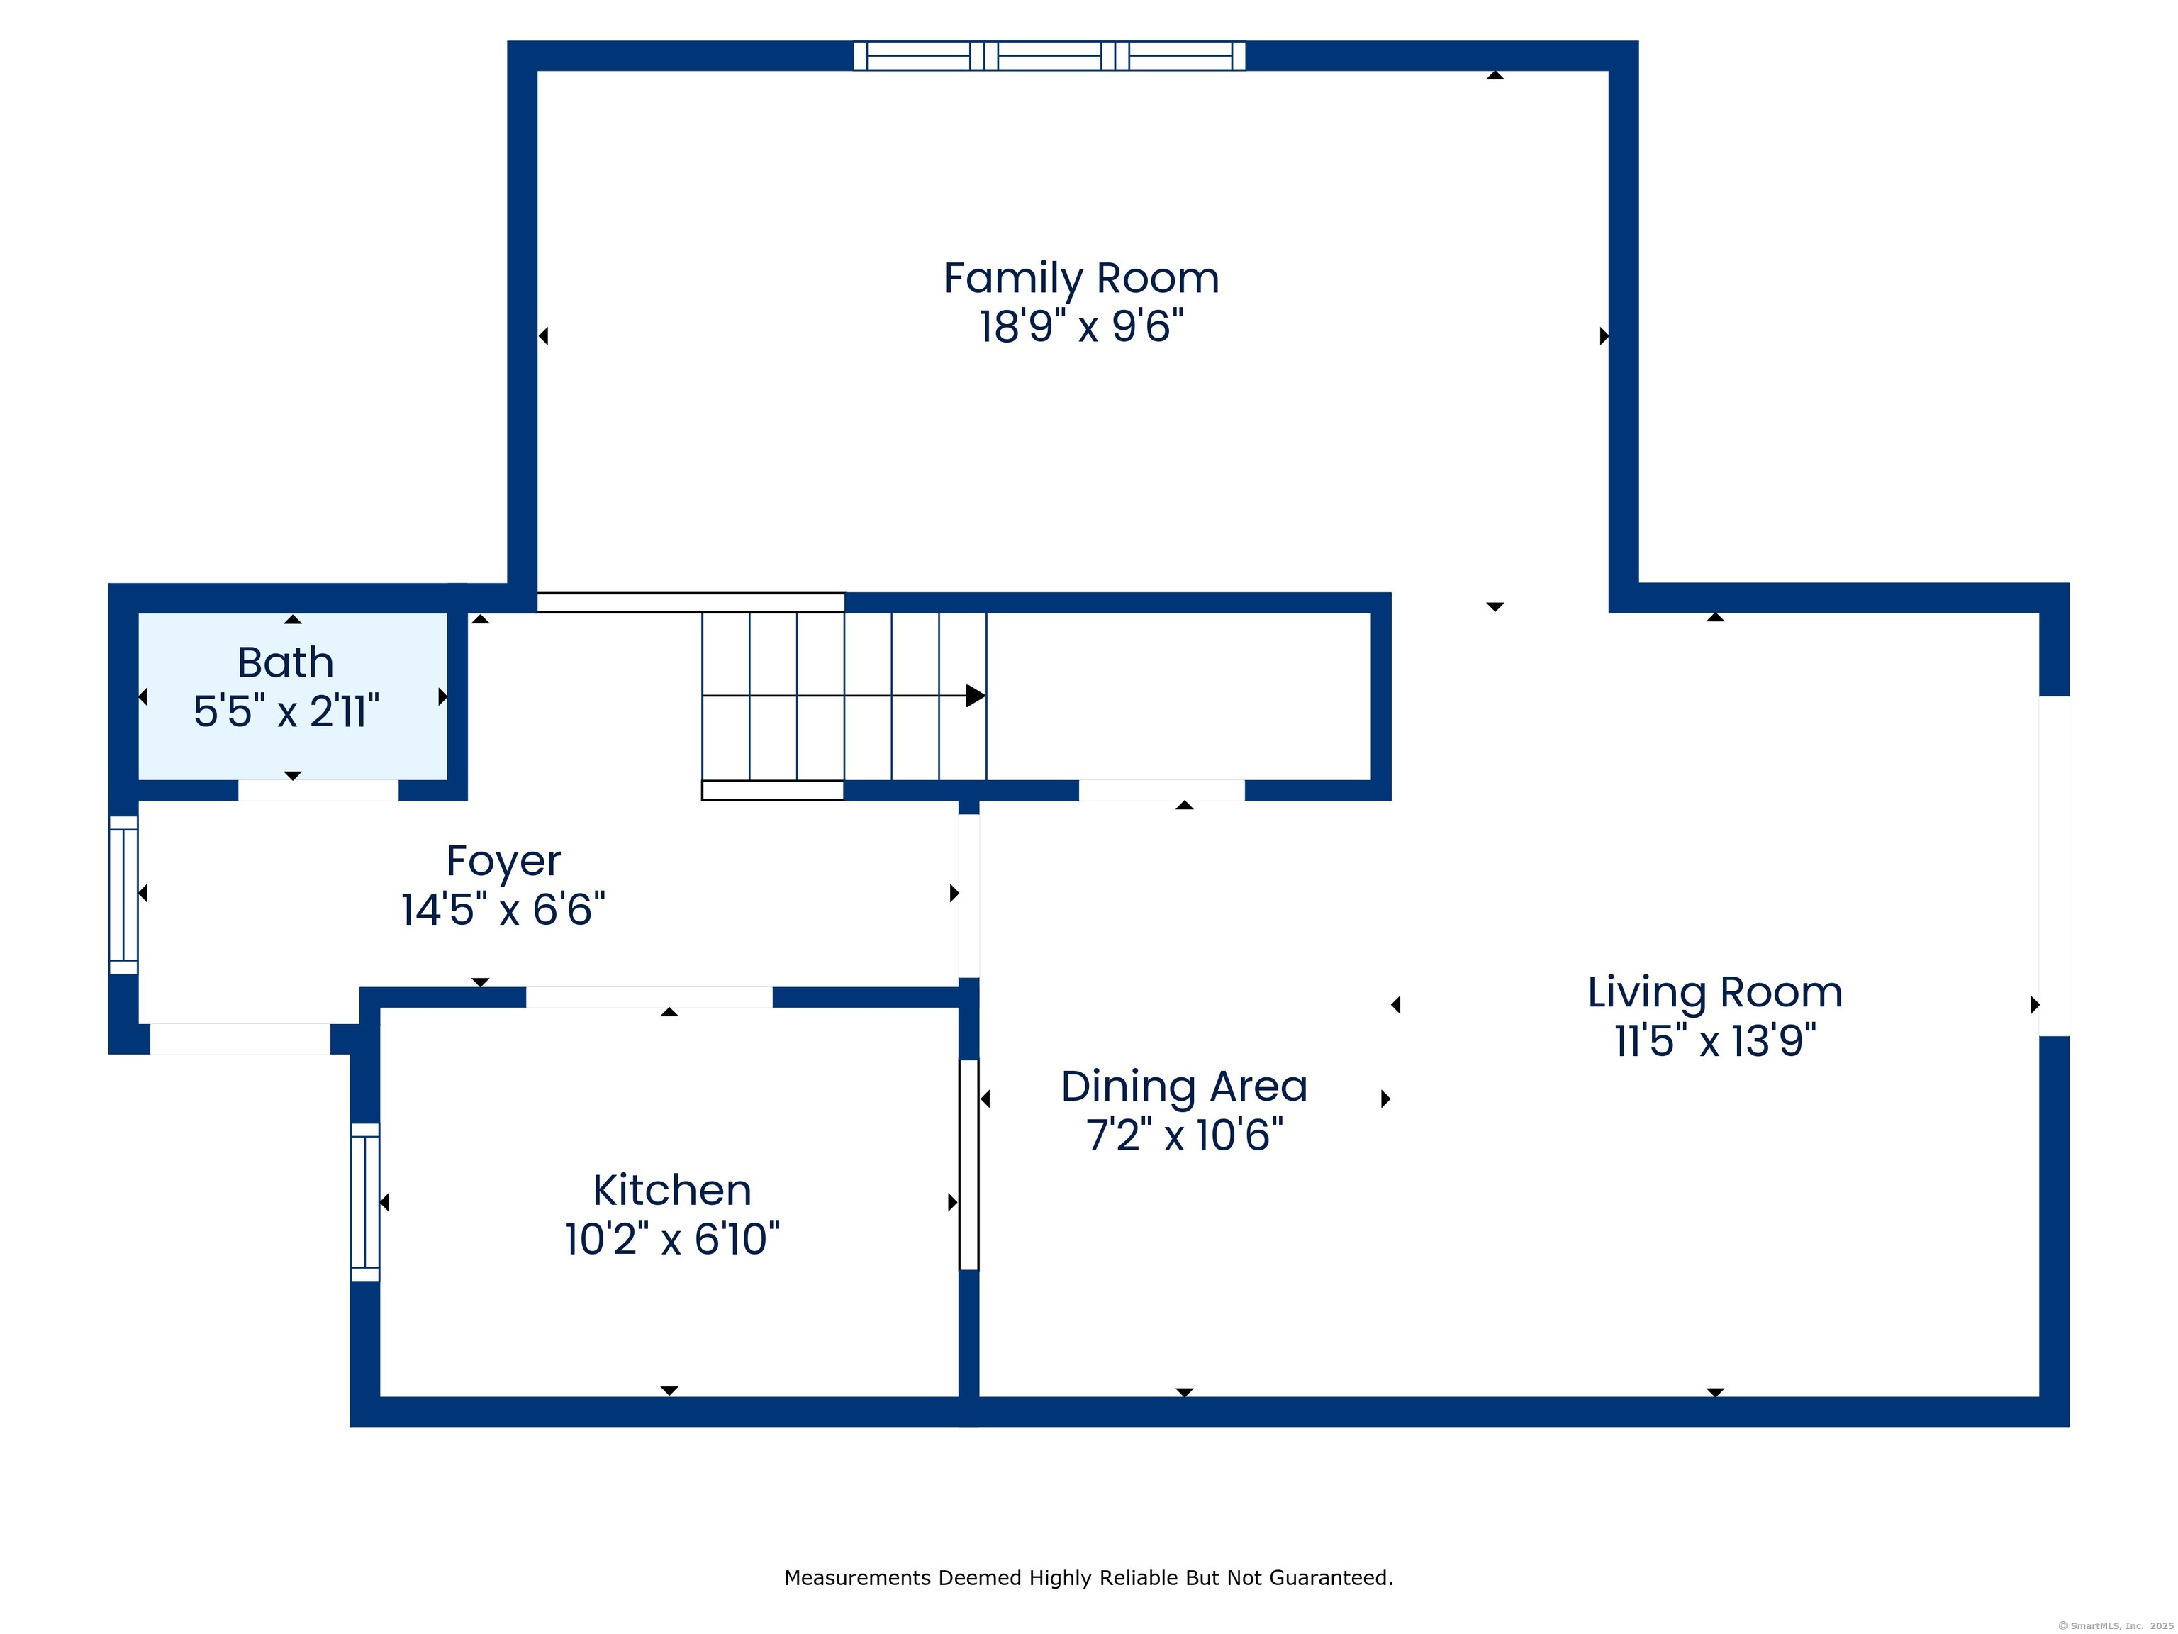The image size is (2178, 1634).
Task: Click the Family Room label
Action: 1081,279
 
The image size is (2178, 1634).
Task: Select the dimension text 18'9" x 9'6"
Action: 1081,327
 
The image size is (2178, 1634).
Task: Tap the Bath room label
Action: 286,663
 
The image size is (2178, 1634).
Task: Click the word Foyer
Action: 503,862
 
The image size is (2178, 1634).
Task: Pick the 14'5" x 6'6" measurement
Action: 503,909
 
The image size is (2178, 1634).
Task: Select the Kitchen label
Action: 673,1191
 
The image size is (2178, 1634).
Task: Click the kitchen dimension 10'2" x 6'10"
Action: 673,1239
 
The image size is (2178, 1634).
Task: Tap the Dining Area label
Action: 1185,1086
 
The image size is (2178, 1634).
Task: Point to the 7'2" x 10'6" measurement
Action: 1185,1135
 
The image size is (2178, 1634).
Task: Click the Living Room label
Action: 1715,993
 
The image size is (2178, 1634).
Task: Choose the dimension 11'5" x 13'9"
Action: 1715,1041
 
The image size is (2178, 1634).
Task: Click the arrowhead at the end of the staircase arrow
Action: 976,695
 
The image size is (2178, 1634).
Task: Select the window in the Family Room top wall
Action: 1049,56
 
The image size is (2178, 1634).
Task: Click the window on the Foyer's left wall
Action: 123,894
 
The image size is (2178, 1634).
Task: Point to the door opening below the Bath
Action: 318,790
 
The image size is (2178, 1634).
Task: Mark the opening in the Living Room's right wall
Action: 2054,866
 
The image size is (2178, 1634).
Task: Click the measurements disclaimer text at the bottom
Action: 1088,1578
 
